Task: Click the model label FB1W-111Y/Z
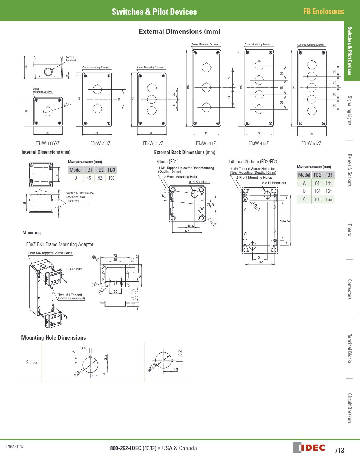[x=47, y=143]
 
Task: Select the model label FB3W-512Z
[x=311, y=143]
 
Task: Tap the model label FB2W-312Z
[x=153, y=143]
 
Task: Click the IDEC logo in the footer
[x=309, y=448]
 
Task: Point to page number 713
[x=339, y=450]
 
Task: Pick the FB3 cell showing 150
[x=112, y=178]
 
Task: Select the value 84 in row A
[x=317, y=183]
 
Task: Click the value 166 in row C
[x=329, y=199]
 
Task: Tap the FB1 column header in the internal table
[x=89, y=170]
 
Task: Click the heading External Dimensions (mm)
[x=180, y=31]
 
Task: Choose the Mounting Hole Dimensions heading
[x=53, y=338]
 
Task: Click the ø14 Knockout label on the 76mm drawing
[x=199, y=182]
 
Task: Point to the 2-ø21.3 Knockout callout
[x=71, y=59]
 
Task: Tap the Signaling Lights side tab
[x=350, y=111]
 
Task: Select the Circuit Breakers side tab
[x=350, y=408]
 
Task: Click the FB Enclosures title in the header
[x=324, y=11]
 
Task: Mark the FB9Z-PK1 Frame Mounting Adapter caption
[x=60, y=244]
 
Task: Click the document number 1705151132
[x=14, y=447]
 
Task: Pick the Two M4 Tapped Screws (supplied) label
[x=71, y=296]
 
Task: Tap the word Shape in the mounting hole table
[x=31, y=362]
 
